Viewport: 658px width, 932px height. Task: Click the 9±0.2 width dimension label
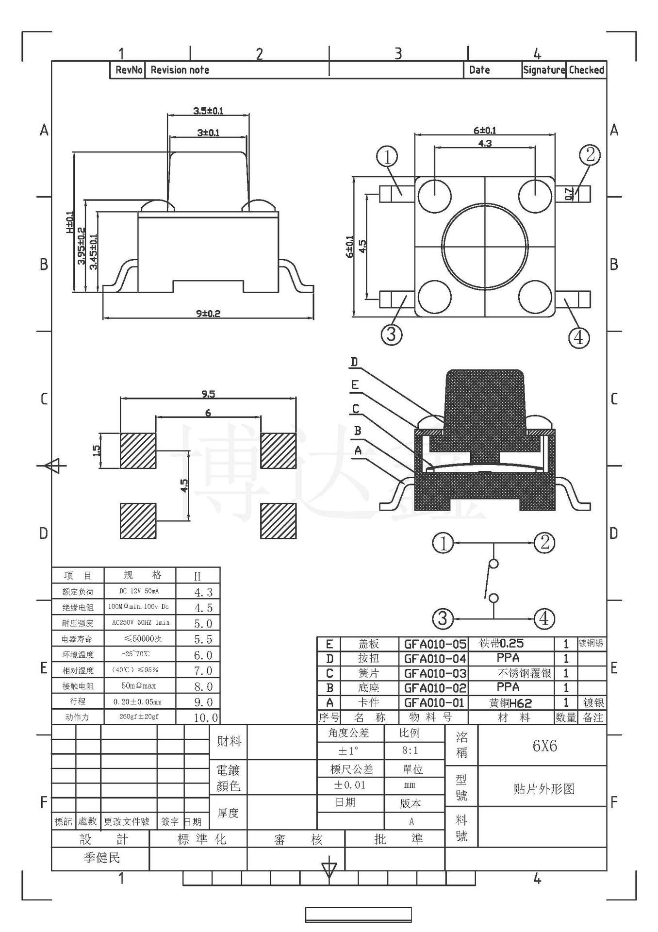pos(208,314)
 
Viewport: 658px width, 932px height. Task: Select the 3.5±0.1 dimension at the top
pos(208,111)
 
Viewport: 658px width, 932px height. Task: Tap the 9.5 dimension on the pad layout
pos(208,394)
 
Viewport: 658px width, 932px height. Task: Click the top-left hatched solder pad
pos(138,450)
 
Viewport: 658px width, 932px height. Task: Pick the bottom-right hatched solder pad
pos(278,521)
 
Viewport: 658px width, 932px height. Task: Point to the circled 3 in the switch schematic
pos(443,618)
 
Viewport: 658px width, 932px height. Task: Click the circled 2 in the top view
pos(590,155)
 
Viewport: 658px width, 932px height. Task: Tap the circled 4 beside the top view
pos(578,337)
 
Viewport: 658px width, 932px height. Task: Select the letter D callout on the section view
pos(354,362)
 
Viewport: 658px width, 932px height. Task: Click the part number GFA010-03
pos(435,673)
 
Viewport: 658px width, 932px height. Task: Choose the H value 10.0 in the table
pos(206,717)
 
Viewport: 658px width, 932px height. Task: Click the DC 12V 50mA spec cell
pos(139,591)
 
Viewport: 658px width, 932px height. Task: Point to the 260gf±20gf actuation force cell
pos(139,716)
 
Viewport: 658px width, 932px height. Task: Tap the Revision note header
pos(180,70)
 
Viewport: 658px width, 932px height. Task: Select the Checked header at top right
pos(586,70)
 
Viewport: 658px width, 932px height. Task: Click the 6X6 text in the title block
pos(544,746)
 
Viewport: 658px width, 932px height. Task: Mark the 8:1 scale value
pos(410,750)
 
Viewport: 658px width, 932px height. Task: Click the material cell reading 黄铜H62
pos(510,703)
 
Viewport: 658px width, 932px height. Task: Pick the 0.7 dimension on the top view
pos(569,194)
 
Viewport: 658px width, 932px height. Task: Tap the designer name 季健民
pos(101,858)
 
